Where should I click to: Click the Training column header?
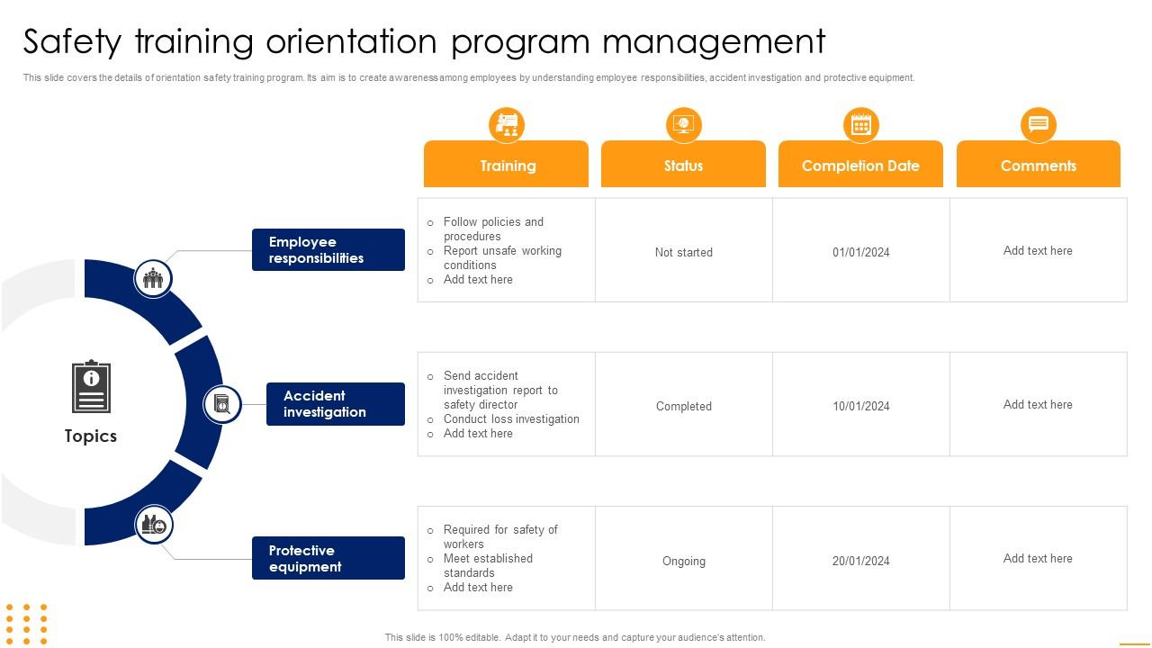(x=507, y=166)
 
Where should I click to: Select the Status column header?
(x=683, y=166)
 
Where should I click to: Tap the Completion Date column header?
(x=860, y=166)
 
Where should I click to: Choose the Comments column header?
(x=1038, y=166)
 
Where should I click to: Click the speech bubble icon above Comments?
(x=1038, y=124)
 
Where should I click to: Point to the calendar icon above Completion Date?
(x=860, y=124)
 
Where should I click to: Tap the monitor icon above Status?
(x=683, y=124)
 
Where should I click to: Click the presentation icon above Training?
(x=507, y=124)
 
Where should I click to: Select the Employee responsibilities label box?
(x=328, y=250)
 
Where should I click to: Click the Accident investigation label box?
(x=336, y=404)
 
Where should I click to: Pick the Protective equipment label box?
(x=328, y=559)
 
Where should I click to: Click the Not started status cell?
(x=684, y=253)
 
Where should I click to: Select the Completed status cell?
(x=684, y=407)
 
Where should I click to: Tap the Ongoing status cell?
(x=684, y=562)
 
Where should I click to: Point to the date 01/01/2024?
(x=861, y=253)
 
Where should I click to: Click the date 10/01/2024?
(x=861, y=407)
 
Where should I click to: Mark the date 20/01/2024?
(x=861, y=562)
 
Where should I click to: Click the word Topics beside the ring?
(x=91, y=436)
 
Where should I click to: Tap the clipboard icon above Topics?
(x=91, y=387)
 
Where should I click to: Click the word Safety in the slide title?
(x=76, y=42)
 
